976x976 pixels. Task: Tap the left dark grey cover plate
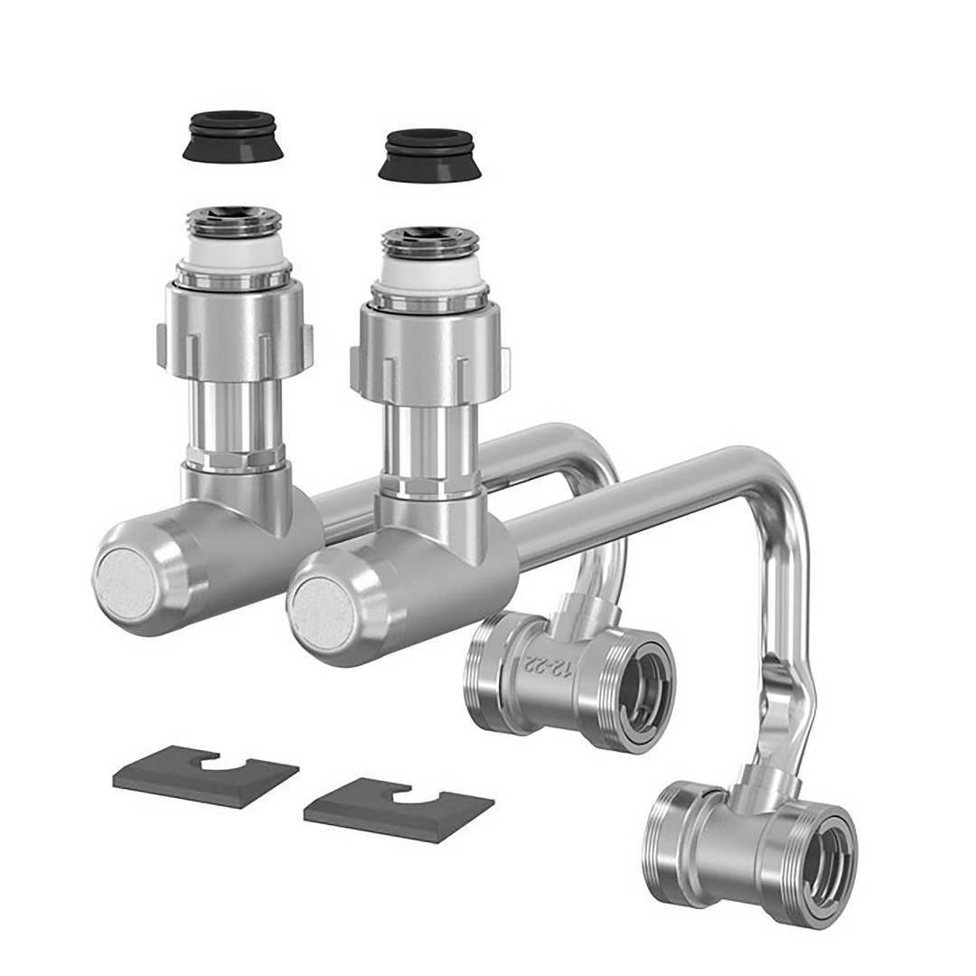(205, 774)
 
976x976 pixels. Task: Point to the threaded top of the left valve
(233, 223)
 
